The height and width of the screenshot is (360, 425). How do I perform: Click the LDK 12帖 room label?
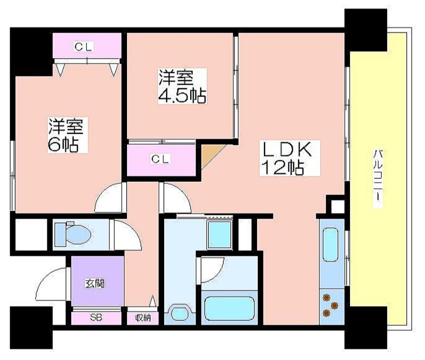pyautogui.click(x=290, y=158)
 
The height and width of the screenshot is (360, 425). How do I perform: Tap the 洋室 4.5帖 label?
pyautogui.click(x=182, y=86)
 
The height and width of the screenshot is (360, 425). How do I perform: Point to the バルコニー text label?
pyautogui.click(x=378, y=178)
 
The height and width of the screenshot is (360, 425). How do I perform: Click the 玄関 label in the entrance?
pyautogui.click(x=95, y=284)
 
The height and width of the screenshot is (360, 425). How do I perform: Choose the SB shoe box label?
pyautogui.click(x=96, y=317)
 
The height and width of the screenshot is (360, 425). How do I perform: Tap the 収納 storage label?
pyautogui.click(x=143, y=318)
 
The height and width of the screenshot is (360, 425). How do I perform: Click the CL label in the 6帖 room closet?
pyautogui.click(x=84, y=47)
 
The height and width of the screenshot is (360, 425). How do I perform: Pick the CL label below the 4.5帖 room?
pyautogui.click(x=161, y=159)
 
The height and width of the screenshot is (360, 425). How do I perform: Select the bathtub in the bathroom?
pyautogui.click(x=229, y=309)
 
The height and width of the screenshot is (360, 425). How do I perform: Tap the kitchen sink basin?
pyautogui.click(x=331, y=245)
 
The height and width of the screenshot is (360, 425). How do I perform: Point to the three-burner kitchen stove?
pyautogui.click(x=331, y=305)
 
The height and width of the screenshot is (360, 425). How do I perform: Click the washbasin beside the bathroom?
pyautogui.click(x=180, y=313)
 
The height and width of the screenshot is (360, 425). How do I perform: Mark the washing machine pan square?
pyautogui.click(x=219, y=235)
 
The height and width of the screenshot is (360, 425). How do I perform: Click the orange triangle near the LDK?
pyautogui.click(x=210, y=155)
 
